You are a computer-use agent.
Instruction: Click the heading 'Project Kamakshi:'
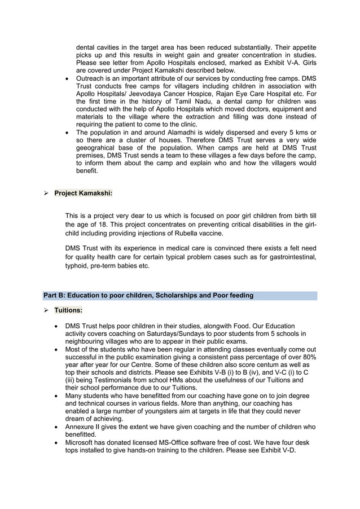(84, 194)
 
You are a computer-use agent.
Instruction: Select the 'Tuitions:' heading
(68, 310)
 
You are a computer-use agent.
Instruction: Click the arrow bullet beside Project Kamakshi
(46, 194)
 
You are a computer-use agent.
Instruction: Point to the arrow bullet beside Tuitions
(46, 310)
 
